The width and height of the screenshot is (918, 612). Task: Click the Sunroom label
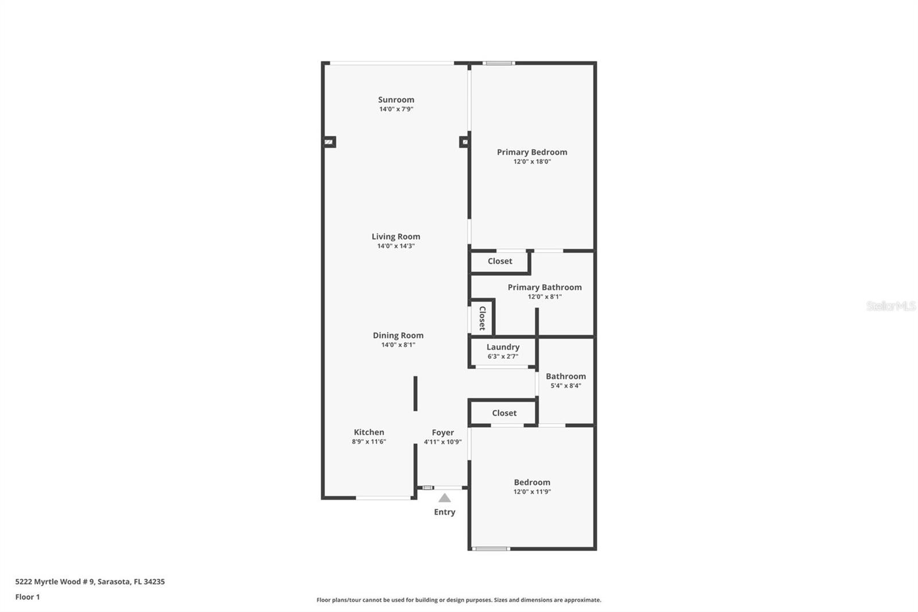tap(396, 100)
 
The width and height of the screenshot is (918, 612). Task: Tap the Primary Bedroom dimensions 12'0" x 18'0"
tap(532, 162)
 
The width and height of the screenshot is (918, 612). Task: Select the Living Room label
tap(396, 237)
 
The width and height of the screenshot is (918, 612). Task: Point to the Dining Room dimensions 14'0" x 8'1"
tap(398, 345)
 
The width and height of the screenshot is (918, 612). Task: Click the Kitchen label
tap(369, 432)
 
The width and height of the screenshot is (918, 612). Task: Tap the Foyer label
tap(443, 433)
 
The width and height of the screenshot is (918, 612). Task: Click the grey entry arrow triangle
tap(445, 498)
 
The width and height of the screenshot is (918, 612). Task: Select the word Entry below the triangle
tap(445, 512)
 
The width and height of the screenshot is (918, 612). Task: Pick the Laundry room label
tap(503, 347)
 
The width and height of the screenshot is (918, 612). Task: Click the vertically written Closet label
tap(483, 318)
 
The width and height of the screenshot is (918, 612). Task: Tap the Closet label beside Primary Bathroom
tap(500, 261)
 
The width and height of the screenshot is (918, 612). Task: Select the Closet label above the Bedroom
tap(504, 413)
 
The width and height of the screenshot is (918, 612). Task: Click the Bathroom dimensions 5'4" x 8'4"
tap(566, 386)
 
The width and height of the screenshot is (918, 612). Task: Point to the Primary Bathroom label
tap(544, 288)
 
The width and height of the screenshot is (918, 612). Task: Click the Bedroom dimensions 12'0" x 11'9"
tap(532, 492)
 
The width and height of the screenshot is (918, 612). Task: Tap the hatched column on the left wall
tap(329, 142)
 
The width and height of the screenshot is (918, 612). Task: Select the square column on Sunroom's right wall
tap(464, 142)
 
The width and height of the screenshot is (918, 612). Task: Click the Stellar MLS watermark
tap(890, 306)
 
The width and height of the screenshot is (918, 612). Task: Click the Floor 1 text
tap(28, 597)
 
